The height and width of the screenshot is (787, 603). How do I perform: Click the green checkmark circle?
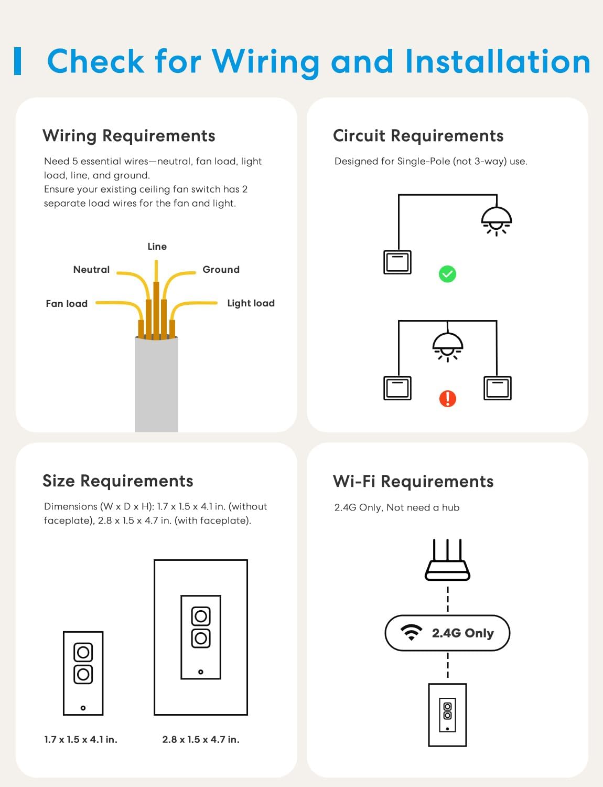(x=447, y=274)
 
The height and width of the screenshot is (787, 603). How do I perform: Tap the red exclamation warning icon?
(x=447, y=399)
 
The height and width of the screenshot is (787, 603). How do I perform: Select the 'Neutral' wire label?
(x=91, y=270)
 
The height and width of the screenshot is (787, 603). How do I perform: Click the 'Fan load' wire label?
(x=67, y=304)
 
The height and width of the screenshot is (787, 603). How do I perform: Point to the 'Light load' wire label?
(x=251, y=303)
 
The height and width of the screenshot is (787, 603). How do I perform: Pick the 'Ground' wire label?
(x=221, y=270)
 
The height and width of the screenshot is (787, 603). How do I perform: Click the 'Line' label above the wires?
(x=157, y=247)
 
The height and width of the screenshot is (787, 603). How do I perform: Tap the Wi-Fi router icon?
(x=447, y=560)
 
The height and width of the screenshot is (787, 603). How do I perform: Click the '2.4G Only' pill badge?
(x=447, y=633)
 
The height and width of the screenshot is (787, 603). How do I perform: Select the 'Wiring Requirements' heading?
(x=129, y=136)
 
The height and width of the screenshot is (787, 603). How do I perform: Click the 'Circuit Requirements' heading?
(x=418, y=136)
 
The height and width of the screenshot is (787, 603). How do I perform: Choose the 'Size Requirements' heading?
(x=118, y=481)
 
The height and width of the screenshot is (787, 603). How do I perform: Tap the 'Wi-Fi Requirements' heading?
(x=413, y=482)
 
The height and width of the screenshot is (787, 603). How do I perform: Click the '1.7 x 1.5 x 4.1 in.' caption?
(x=81, y=740)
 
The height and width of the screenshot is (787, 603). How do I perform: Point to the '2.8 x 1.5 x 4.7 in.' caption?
(x=201, y=740)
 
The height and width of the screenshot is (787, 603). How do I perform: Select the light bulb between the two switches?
(x=447, y=347)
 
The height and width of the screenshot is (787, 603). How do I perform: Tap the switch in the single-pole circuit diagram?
(x=397, y=262)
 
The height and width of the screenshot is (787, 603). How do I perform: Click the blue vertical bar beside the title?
(x=18, y=61)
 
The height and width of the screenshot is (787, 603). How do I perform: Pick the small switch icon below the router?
(x=447, y=715)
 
